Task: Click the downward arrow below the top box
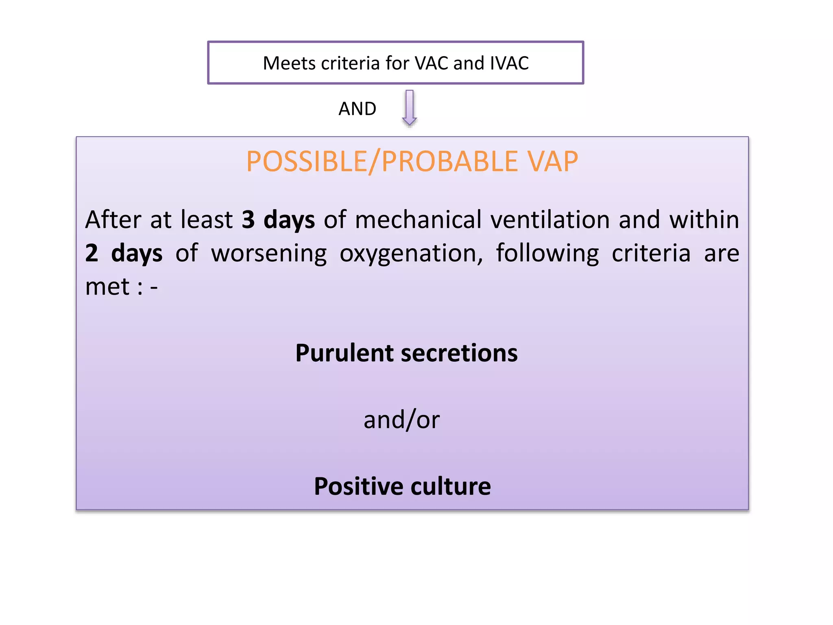[409, 107]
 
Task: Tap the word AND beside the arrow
[357, 109]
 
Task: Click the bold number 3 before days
[248, 220]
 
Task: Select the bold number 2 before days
[92, 253]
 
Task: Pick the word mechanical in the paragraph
[418, 220]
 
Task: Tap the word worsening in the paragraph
[269, 253]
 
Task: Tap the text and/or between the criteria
[401, 420]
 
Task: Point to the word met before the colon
[107, 286]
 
